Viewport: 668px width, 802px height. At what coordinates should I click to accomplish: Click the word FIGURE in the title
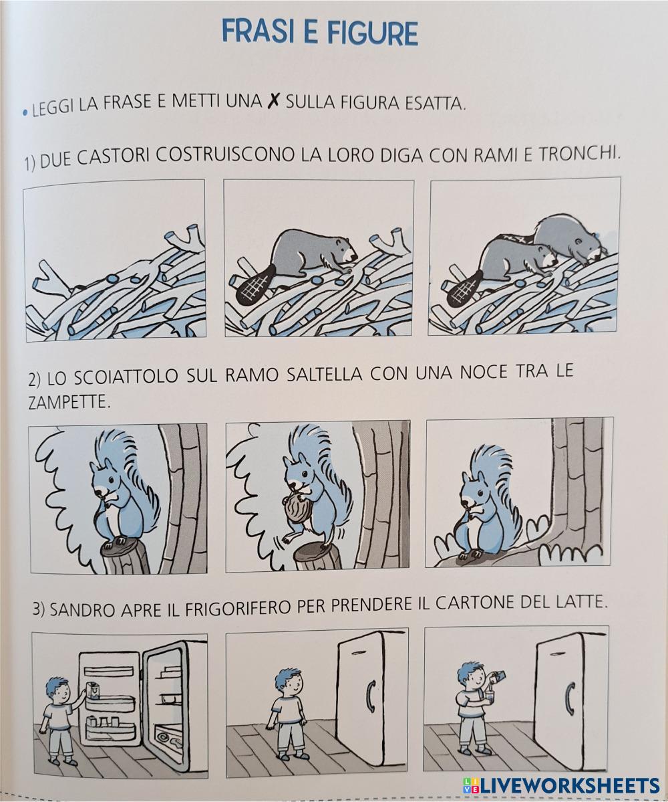coord(372,33)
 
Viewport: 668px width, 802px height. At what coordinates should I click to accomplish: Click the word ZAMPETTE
coord(69,402)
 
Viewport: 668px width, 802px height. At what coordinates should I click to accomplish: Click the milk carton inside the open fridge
coord(92,690)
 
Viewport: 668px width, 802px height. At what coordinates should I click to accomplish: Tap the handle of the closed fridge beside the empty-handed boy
coord(370,696)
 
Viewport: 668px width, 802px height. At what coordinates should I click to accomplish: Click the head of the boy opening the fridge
coord(57,690)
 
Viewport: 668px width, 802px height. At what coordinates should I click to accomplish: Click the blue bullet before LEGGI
coord(25,113)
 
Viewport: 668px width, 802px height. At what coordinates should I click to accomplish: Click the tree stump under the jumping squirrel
coord(317,556)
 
